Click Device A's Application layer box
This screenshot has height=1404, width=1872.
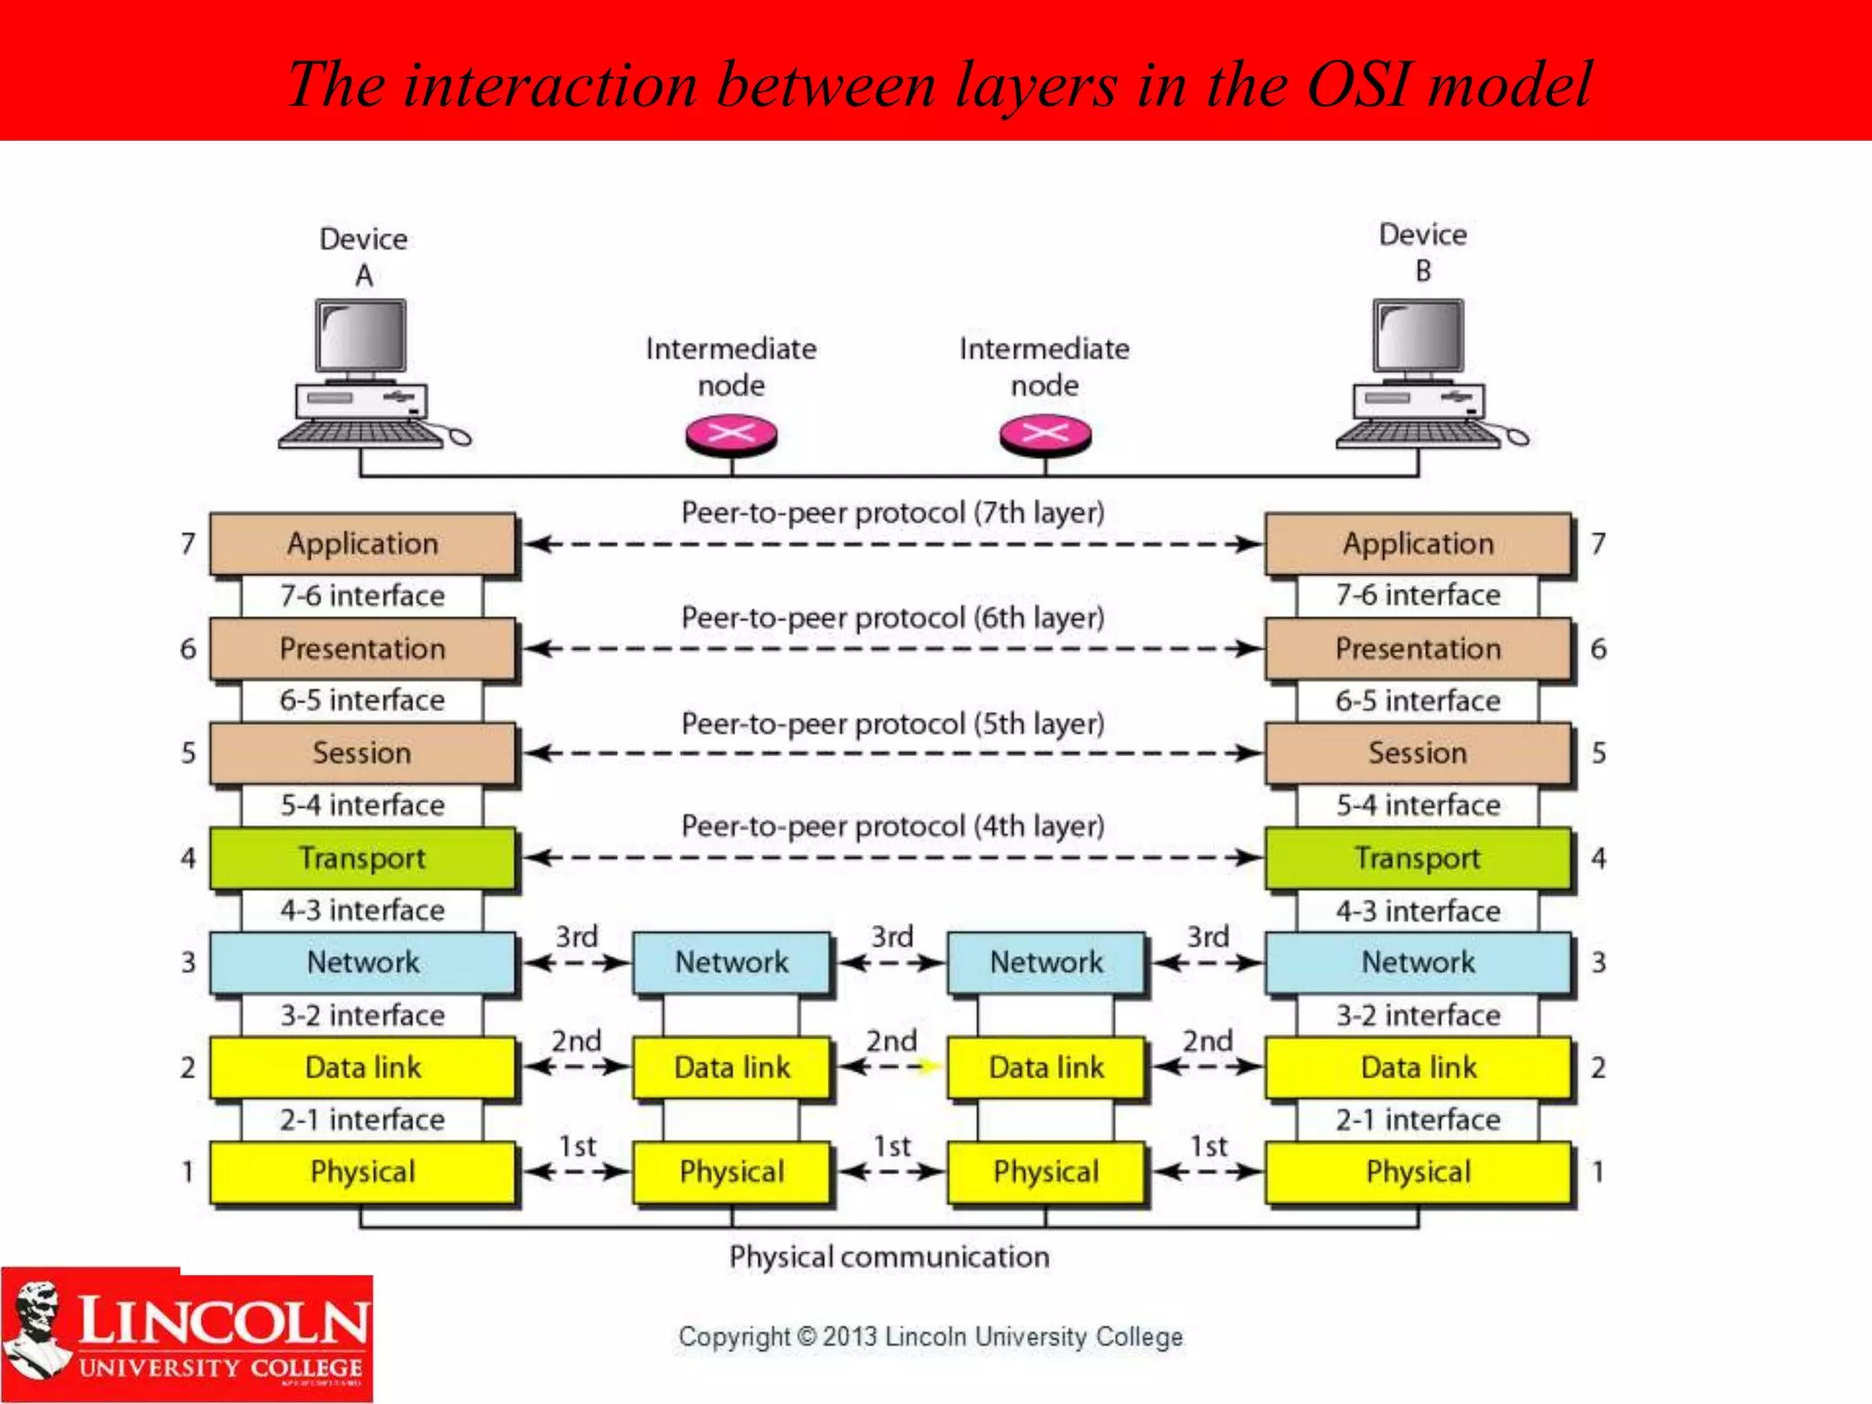[362, 544]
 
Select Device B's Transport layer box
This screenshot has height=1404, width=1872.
[1418, 857]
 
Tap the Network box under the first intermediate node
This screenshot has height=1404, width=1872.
[731, 962]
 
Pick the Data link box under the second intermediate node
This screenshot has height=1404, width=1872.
[1046, 1067]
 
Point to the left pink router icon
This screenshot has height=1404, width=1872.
[731, 434]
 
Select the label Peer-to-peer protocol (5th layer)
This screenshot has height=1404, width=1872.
[892, 724]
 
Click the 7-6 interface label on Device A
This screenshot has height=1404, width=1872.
[362, 596]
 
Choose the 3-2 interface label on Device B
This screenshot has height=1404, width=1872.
[1418, 1015]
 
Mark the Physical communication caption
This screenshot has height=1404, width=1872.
[888, 1257]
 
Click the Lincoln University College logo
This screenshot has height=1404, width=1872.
[187, 1337]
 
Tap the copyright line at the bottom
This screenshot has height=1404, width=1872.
[930, 1336]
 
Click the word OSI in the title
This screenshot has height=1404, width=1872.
[1359, 84]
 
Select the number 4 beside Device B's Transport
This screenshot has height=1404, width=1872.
[1598, 857]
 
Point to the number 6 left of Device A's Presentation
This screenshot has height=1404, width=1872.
[188, 649]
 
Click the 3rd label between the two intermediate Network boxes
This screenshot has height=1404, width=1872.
[891, 937]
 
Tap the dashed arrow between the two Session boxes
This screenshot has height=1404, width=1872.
[891, 754]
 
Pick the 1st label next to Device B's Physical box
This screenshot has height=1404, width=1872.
[1207, 1146]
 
